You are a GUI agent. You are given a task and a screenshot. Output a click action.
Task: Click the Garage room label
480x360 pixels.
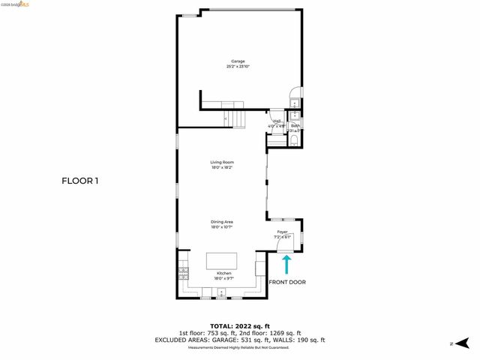tap(237, 61)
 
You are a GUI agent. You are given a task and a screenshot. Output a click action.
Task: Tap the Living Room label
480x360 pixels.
tap(222, 162)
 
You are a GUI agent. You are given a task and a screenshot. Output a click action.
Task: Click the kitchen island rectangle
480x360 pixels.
tap(222, 260)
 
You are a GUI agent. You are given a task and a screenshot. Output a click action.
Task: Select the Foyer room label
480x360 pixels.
tap(283, 232)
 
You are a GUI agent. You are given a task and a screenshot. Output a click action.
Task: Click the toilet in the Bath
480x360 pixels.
tap(295, 139)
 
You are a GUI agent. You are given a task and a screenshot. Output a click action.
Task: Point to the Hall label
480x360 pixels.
tap(277, 121)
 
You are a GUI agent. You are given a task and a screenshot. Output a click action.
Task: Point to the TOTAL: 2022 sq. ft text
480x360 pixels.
tap(240, 325)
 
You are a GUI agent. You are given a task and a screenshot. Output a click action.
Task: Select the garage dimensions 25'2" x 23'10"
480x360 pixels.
tap(237, 67)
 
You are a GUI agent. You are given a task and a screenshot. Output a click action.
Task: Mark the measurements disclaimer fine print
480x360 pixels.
tap(240, 347)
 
